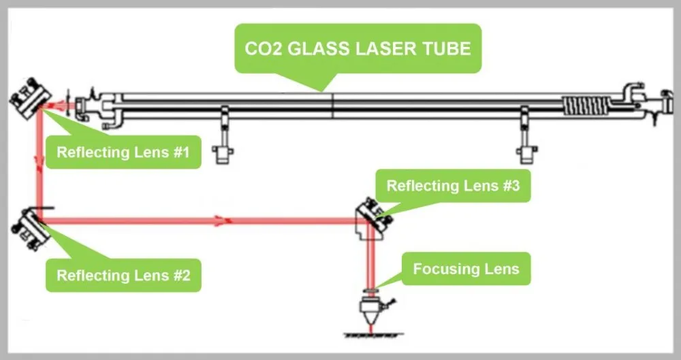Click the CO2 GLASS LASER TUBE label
tap(358, 48)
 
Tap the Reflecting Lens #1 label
tap(123, 152)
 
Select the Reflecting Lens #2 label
tap(123, 276)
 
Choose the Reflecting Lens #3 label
tap(453, 186)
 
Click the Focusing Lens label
tap(466, 269)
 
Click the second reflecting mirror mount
tap(31, 229)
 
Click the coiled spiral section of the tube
tap(586, 105)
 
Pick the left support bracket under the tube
tap(223, 135)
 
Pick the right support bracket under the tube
tap(526, 135)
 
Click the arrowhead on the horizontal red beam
tap(223, 221)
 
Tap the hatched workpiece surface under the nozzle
tap(373, 336)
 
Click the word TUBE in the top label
tap(446, 48)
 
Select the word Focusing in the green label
tap(441, 269)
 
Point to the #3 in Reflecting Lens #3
tap(511, 186)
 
